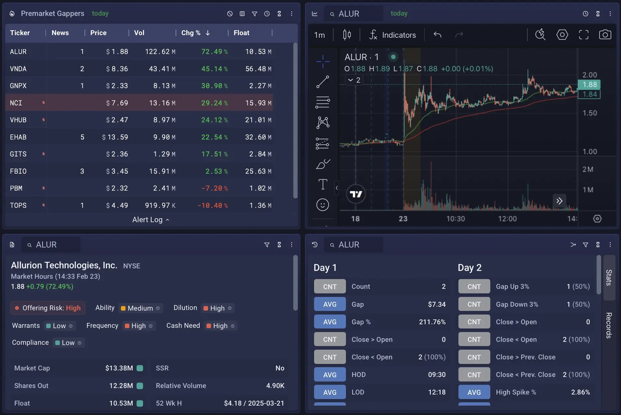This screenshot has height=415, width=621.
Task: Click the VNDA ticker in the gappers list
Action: (18, 69)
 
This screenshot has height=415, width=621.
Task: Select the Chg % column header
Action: (191, 33)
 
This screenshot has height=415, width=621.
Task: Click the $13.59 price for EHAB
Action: (115, 137)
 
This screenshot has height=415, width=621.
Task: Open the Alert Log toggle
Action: (151, 220)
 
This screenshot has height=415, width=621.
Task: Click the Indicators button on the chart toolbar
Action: (393, 35)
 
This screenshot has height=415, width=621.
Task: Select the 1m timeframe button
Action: (319, 35)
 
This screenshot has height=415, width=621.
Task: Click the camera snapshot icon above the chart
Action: (605, 35)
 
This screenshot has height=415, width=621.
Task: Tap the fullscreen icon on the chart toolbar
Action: (584, 35)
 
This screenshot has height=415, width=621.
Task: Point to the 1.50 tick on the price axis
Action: (589, 113)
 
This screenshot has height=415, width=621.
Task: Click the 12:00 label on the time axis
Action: (507, 219)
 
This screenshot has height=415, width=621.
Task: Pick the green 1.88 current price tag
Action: (589, 85)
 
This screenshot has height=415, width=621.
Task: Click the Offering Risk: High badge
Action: (48, 308)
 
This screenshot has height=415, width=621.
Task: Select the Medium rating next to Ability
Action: (140, 308)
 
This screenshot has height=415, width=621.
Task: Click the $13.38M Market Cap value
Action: (119, 368)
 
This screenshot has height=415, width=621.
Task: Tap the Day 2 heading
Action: (469, 268)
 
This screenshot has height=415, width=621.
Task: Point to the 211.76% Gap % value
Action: (432, 322)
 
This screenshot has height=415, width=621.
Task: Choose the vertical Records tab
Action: (609, 325)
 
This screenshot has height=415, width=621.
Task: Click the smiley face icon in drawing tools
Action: (323, 205)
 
